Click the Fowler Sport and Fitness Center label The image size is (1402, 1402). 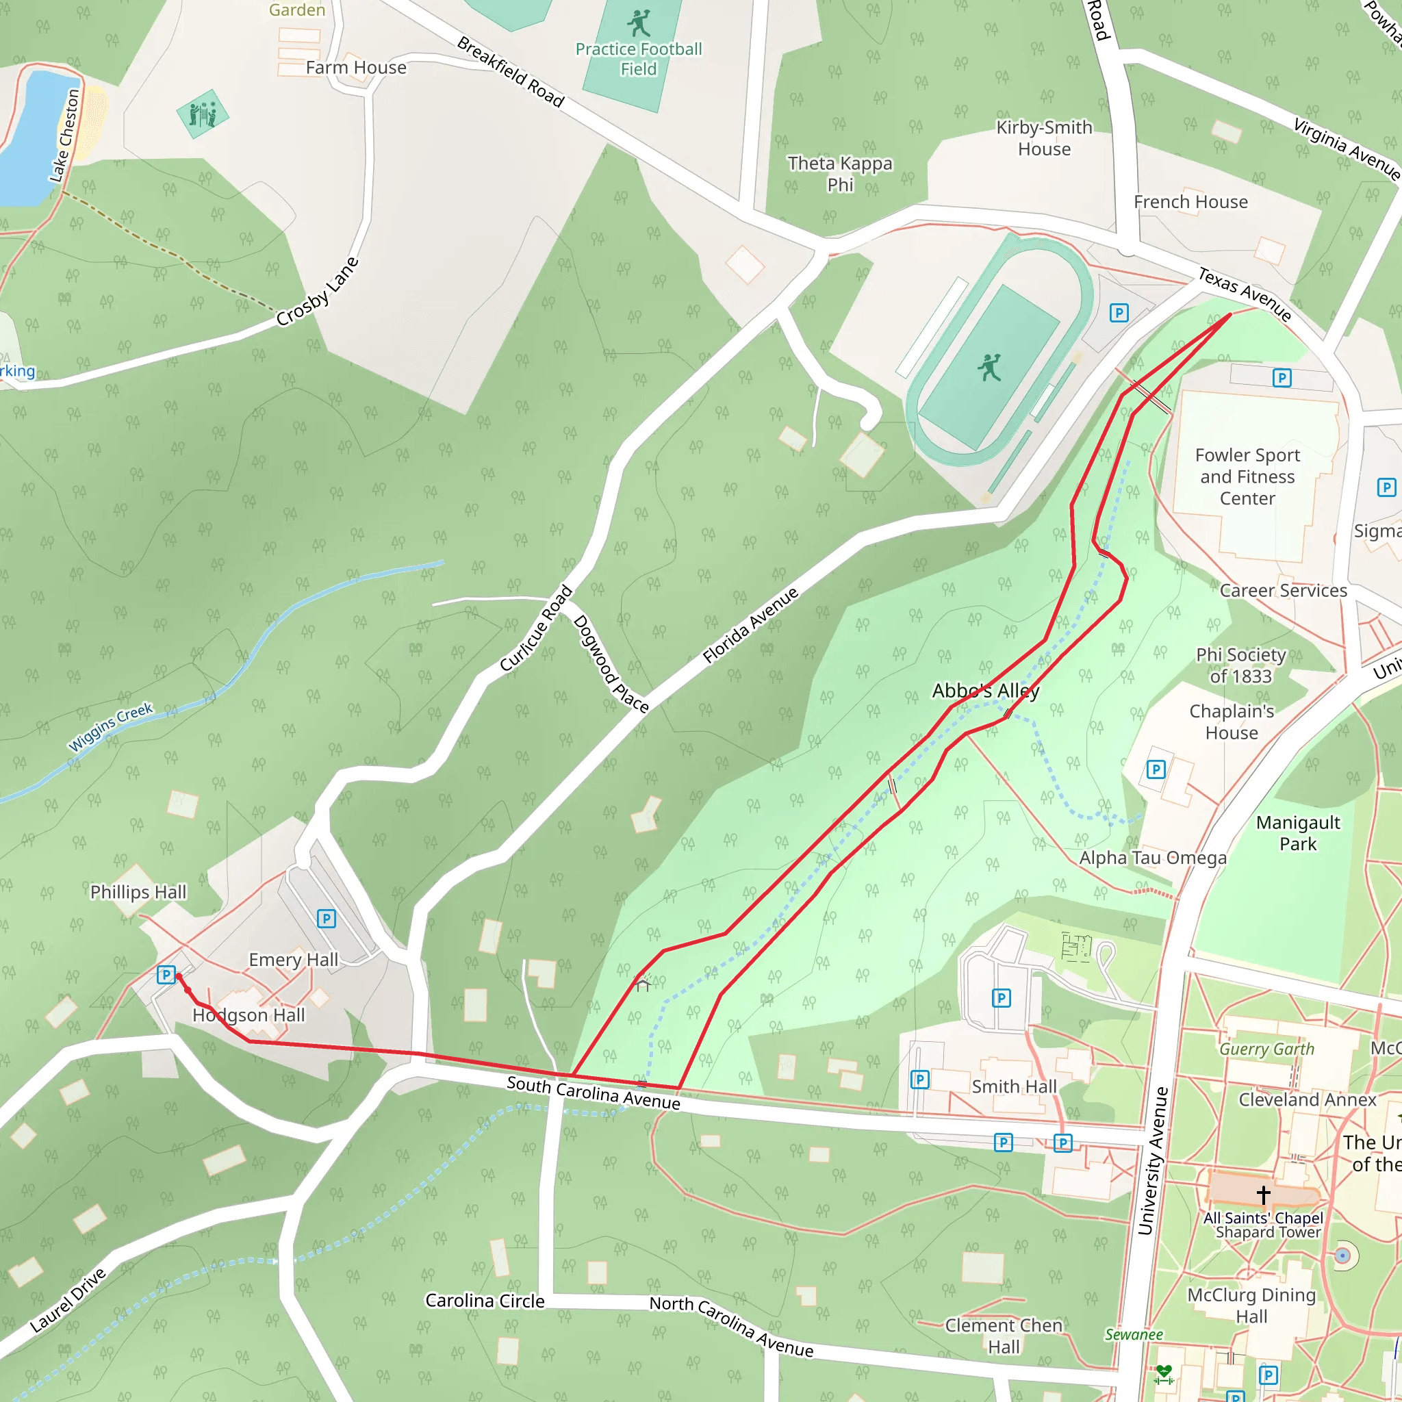[1247, 476]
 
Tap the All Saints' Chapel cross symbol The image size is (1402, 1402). [1264, 1194]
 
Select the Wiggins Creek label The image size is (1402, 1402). [110, 726]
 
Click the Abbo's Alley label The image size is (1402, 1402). [986, 690]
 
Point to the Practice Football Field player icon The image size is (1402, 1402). [639, 23]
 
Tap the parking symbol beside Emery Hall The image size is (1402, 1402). [327, 919]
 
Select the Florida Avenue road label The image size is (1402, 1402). [750, 625]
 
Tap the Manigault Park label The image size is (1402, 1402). [1297, 833]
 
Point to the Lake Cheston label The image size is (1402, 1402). [64, 136]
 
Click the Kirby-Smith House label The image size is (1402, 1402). [1043, 138]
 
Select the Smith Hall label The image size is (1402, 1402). [1014, 1086]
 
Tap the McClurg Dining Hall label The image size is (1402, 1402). [1251, 1305]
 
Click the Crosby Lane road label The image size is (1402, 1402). [317, 292]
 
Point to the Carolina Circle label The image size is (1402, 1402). [485, 1301]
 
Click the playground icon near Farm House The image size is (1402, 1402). [203, 114]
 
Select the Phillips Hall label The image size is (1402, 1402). [138, 892]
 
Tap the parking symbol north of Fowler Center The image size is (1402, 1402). [1282, 377]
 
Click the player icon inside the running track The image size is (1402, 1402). [989, 367]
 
